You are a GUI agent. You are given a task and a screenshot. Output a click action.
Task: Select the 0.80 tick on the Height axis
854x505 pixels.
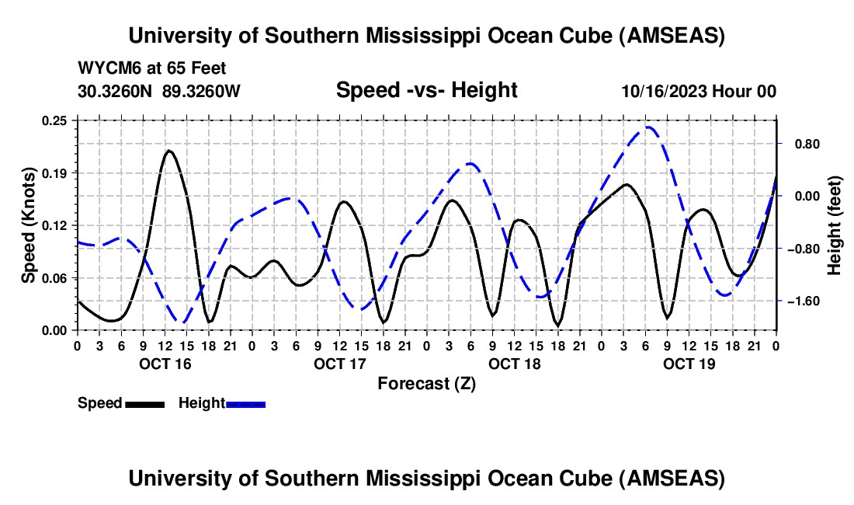pos(804,144)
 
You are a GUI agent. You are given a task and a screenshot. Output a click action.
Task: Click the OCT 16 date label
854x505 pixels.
pos(165,364)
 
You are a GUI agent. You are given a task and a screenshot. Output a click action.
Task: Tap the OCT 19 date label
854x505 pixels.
pos(689,364)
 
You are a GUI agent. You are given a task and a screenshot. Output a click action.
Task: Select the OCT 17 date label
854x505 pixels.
pos(339,364)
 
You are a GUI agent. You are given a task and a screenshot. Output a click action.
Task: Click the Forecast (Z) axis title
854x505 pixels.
pos(426,383)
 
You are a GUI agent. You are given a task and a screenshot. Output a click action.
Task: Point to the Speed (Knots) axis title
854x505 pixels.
pos(29,225)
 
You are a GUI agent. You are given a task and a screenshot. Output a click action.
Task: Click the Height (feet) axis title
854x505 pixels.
pos(835,225)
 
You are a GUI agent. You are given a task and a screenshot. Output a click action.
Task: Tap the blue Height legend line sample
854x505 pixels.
pos(245,404)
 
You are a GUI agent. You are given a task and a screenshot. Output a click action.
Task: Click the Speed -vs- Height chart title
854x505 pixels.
pos(426,90)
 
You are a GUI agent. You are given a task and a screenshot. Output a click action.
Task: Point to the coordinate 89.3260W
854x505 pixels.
pos(202,91)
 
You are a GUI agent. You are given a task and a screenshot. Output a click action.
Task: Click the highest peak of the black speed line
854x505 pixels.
pos(168,150)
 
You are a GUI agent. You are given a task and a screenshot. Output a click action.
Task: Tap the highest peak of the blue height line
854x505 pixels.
pos(647,127)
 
